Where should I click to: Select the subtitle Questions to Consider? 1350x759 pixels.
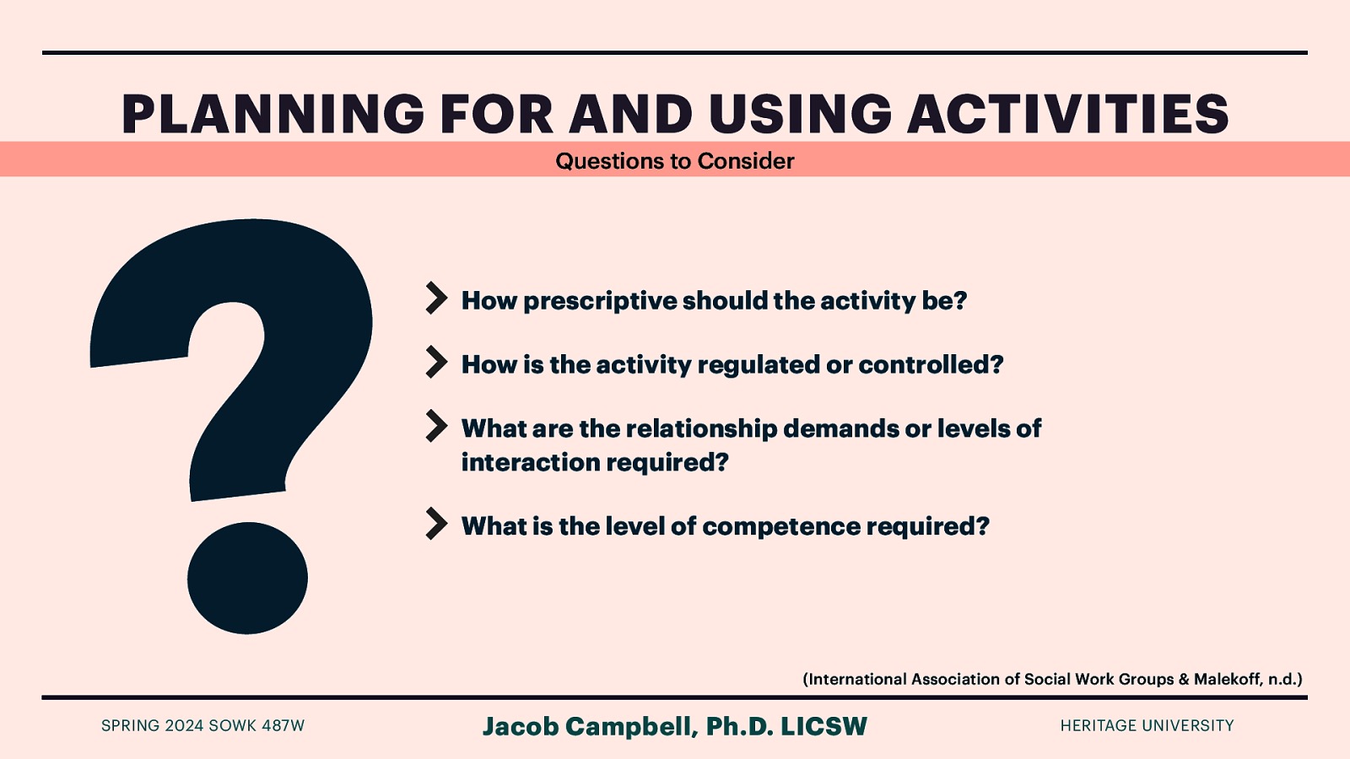coord(674,160)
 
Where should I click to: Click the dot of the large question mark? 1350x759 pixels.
coord(247,578)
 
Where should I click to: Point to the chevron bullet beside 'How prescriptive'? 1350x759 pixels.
coord(436,298)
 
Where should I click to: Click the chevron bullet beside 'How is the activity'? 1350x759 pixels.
coord(436,362)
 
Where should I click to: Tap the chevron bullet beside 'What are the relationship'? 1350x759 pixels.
coord(436,426)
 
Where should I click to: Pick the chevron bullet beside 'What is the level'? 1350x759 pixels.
coord(436,524)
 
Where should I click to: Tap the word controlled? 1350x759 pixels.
coord(931,364)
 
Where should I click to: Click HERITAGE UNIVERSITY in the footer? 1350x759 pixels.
coord(1147,725)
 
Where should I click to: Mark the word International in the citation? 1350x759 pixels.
coord(856,679)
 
